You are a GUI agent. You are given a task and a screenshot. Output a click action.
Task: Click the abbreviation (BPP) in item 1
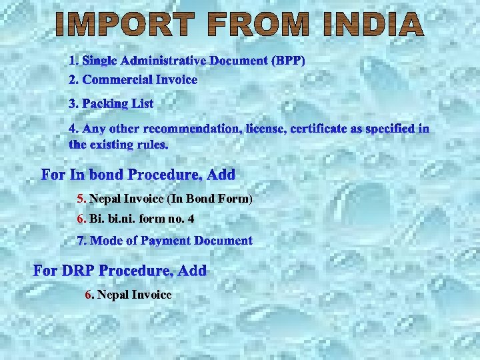pyautogui.click(x=288, y=61)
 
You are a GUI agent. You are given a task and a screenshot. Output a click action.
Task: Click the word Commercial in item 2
pyautogui.click(x=117, y=79)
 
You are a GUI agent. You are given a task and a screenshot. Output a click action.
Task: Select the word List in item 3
pyautogui.click(x=143, y=103)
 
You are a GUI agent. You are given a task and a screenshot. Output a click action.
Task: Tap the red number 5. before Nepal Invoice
pyautogui.click(x=81, y=199)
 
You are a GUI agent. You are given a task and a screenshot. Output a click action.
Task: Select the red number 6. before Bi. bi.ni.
pyautogui.click(x=81, y=218)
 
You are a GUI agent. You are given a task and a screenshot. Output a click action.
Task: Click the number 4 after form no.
pyautogui.click(x=191, y=218)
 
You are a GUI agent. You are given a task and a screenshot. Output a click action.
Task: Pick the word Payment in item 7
pyautogui.click(x=166, y=240)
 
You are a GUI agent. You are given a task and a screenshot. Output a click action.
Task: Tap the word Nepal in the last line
pyautogui.click(x=113, y=295)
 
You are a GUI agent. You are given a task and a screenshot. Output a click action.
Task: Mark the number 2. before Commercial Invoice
pyautogui.click(x=74, y=79)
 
